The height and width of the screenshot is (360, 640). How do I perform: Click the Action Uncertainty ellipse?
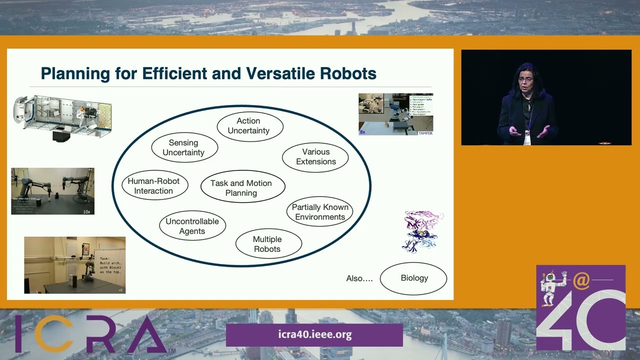tap(249, 126)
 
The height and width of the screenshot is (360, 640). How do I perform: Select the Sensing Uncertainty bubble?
tap(184, 147)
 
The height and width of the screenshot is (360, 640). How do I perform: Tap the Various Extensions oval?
tap(315, 157)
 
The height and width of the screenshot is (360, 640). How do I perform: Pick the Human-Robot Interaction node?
tap(154, 186)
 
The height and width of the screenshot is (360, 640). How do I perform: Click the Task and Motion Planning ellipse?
tap(242, 188)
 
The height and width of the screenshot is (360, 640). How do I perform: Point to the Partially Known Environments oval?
tap(319, 212)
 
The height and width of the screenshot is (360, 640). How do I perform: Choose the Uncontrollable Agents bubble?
tap(192, 226)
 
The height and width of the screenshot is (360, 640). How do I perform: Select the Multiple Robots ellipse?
tap(268, 244)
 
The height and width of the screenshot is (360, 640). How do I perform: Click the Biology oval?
tap(413, 278)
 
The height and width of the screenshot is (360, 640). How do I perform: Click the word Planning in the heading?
tap(74, 74)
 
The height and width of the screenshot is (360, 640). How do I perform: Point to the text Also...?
tap(359, 278)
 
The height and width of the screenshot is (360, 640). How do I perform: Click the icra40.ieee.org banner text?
tap(314, 335)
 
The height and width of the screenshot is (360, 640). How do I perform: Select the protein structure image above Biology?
tap(423, 231)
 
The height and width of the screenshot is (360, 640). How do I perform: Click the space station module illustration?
tap(62, 117)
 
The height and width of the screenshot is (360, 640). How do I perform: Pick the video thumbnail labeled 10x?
tap(53, 191)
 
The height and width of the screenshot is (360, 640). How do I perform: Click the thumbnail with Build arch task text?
tap(75, 265)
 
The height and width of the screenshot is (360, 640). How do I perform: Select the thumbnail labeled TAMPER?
tap(395, 114)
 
